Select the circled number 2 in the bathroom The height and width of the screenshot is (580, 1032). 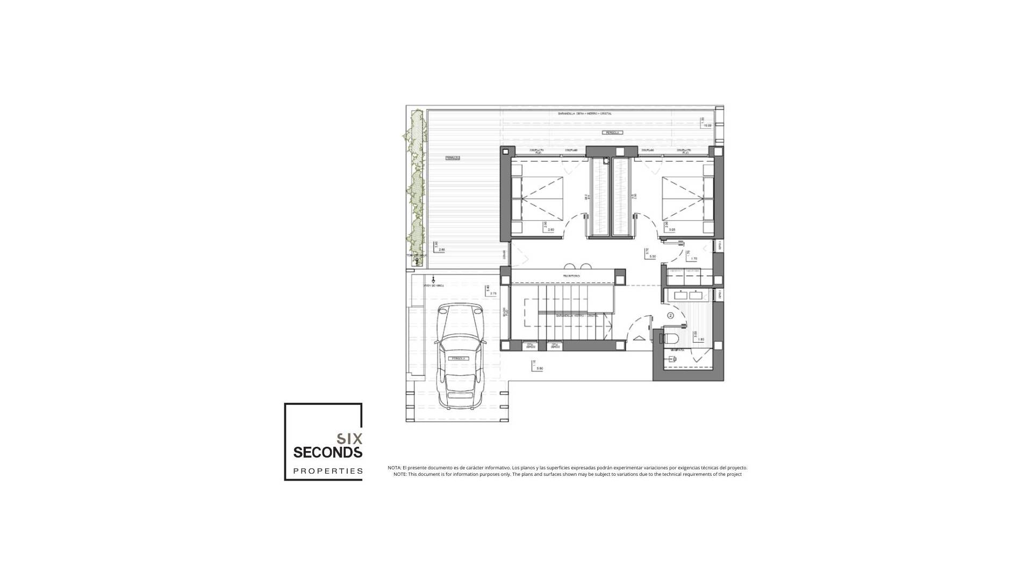[671, 315]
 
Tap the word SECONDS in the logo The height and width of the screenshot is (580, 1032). [327, 452]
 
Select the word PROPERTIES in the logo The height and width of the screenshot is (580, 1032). [327, 471]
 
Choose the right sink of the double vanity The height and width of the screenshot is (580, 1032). [696, 295]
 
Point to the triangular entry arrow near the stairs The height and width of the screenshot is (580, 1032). [639, 338]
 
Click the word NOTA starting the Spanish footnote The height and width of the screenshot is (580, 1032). [394, 468]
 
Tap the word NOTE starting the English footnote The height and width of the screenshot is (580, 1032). [400, 474]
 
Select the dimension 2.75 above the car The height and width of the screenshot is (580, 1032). [493, 294]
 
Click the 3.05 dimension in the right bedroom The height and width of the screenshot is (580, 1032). [671, 229]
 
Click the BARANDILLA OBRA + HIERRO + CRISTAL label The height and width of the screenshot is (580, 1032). [584, 114]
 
